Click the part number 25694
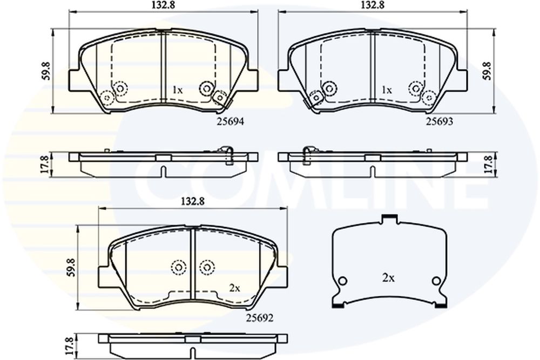pos(230,121)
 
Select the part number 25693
pos(439,121)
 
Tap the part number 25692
pos(260,318)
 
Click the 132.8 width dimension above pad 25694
pos(164,5)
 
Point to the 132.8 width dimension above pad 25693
pos(373,5)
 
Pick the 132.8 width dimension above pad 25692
pos(193,201)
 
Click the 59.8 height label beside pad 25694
pos(46,71)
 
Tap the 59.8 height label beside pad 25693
pos(487,71)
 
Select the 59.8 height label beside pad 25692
pos(71,267)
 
